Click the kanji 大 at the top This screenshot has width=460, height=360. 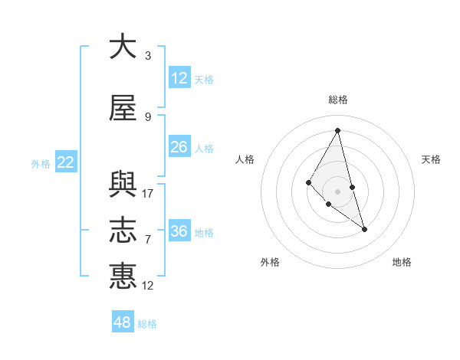pyautogui.click(x=123, y=47)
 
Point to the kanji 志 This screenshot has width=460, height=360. pyautogui.click(x=123, y=230)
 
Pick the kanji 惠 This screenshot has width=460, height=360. pyautogui.click(x=123, y=276)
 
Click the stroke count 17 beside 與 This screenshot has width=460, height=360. pyautogui.click(x=148, y=194)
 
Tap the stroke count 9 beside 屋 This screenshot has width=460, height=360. pyautogui.click(x=148, y=117)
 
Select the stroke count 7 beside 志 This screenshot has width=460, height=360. pyautogui.click(x=148, y=240)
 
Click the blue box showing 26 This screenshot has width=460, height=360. pyautogui.click(x=179, y=146)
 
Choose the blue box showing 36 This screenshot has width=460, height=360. pyautogui.click(x=179, y=231)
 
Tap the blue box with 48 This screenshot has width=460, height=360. pyautogui.click(x=123, y=322)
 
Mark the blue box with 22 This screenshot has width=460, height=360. pyautogui.click(x=66, y=162)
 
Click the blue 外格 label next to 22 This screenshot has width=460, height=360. pyautogui.click(x=41, y=163)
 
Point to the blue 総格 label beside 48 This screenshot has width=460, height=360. pyautogui.click(x=147, y=324)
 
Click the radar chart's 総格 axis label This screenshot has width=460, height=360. pyautogui.click(x=338, y=100)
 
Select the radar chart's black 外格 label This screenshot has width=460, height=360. pyautogui.click(x=270, y=262)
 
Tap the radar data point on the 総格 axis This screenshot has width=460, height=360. pyautogui.click(x=338, y=130)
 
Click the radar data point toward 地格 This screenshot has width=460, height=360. pyautogui.click(x=364, y=229)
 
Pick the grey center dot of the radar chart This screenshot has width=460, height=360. pyautogui.click(x=338, y=191)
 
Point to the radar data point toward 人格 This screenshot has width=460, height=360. pyautogui.click(x=308, y=182)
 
